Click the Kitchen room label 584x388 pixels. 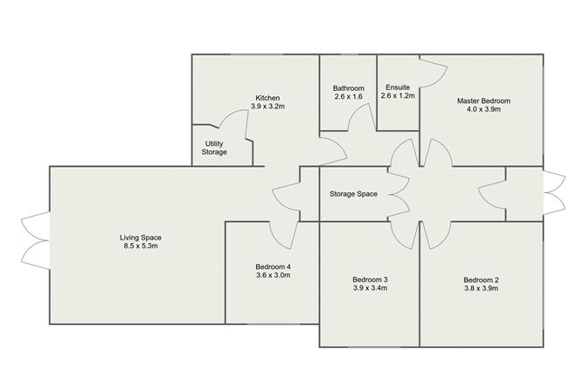pyautogui.click(x=268, y=98)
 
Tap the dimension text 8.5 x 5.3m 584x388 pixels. pyautogui.click(x=141, y=246)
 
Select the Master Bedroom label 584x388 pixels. pyautogui.click(x=483, y=100)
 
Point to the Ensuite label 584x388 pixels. pyautogui.click(x=398, y=87)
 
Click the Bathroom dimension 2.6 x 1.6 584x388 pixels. pyautogui.click(x=349, y=97)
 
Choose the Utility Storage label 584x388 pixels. pyautogui.click(x=214, y=148)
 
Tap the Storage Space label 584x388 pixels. pyautogui.click(x=353, y=194)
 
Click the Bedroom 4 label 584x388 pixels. pyautogui.click(x=273, y=267)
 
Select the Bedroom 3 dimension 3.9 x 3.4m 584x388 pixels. pyautogui.click(x=370, y=288)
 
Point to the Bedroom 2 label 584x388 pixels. pyautogui.click(x=481, y=280)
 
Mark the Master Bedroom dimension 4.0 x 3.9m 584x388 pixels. pyautogui.click(x=483, y=109)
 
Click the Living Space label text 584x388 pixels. pyautogui.click(x=141, y=238)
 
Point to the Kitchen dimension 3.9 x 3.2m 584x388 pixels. pyautogui.click(x=268, y=107)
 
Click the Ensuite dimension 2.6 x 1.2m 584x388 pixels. pyautogui.click(x=398, y=96)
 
